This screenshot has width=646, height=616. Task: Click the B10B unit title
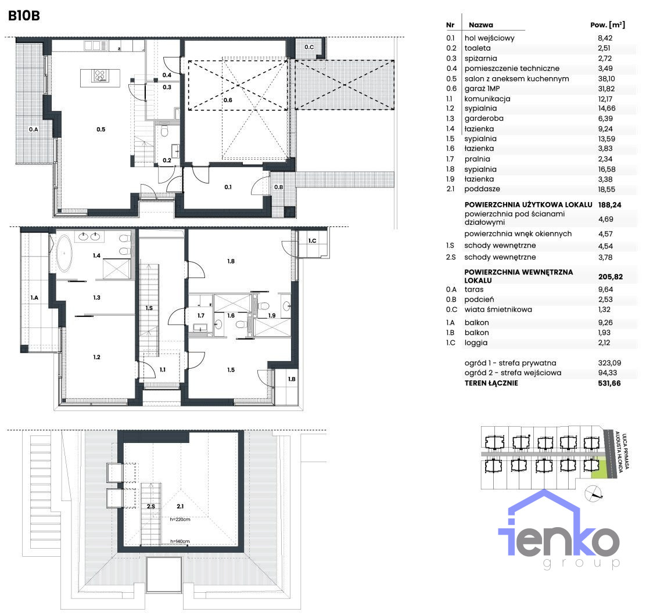click(24, 16)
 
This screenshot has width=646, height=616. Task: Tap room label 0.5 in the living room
click(101, 129)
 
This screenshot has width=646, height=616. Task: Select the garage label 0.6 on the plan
click(228, 100)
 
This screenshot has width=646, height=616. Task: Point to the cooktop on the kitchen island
click(100, 75)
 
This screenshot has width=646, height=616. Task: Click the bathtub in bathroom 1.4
click(64, 253)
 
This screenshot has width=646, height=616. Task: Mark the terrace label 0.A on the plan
click(33, 129)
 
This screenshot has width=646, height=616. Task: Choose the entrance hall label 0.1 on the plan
click(228, 187)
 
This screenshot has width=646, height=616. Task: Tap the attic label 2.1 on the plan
click(180, 506)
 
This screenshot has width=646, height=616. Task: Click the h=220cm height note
click(180, 520)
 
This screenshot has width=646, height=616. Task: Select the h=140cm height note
click(180, 542)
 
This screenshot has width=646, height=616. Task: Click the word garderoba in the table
click(484, 118)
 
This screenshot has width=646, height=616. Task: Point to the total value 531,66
click(609, 383)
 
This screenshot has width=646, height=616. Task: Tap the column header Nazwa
click(481, 25)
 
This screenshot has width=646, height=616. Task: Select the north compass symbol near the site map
click(593, 493)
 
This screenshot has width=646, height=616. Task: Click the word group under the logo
click(582, 563)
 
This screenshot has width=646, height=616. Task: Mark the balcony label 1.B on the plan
click(292, 379)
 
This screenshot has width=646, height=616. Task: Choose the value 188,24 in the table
click(610, 205)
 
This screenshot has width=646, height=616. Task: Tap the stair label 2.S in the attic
click(151, 506)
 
